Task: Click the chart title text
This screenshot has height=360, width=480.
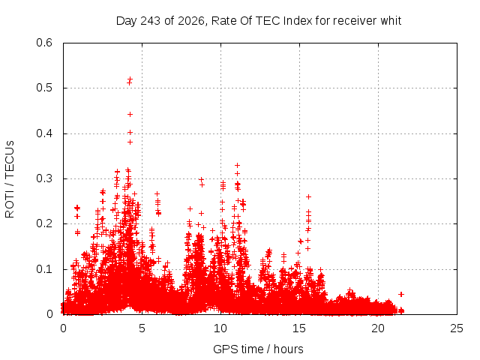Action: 259,21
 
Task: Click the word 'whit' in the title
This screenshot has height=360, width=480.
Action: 391,20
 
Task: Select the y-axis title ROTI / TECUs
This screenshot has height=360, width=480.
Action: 10,179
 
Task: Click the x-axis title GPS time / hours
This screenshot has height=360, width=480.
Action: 258,349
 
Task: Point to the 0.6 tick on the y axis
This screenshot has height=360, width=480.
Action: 44,43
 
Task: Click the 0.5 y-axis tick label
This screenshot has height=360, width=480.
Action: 44,88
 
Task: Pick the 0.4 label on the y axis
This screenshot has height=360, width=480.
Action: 44,133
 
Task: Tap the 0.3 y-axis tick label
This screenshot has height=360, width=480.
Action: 44,178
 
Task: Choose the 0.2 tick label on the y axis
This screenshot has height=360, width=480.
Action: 44,223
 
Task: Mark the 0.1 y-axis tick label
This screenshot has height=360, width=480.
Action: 44,269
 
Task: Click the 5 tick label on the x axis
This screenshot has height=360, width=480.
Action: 142,328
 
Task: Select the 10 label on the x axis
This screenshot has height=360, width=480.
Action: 220,328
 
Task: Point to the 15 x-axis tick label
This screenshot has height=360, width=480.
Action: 299,328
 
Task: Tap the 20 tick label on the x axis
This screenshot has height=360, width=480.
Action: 378,328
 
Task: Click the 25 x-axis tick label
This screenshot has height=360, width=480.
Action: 457,328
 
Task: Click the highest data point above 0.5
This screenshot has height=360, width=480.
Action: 130,79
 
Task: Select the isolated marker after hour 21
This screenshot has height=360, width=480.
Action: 401,294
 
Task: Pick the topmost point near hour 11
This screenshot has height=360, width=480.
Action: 237,165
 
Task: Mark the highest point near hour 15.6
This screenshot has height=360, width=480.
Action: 308,196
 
